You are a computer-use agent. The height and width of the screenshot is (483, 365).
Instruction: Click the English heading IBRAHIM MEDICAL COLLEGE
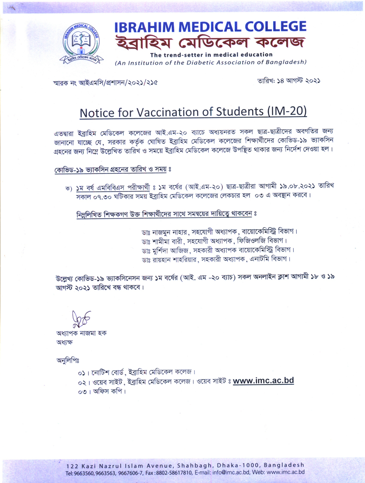210,27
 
